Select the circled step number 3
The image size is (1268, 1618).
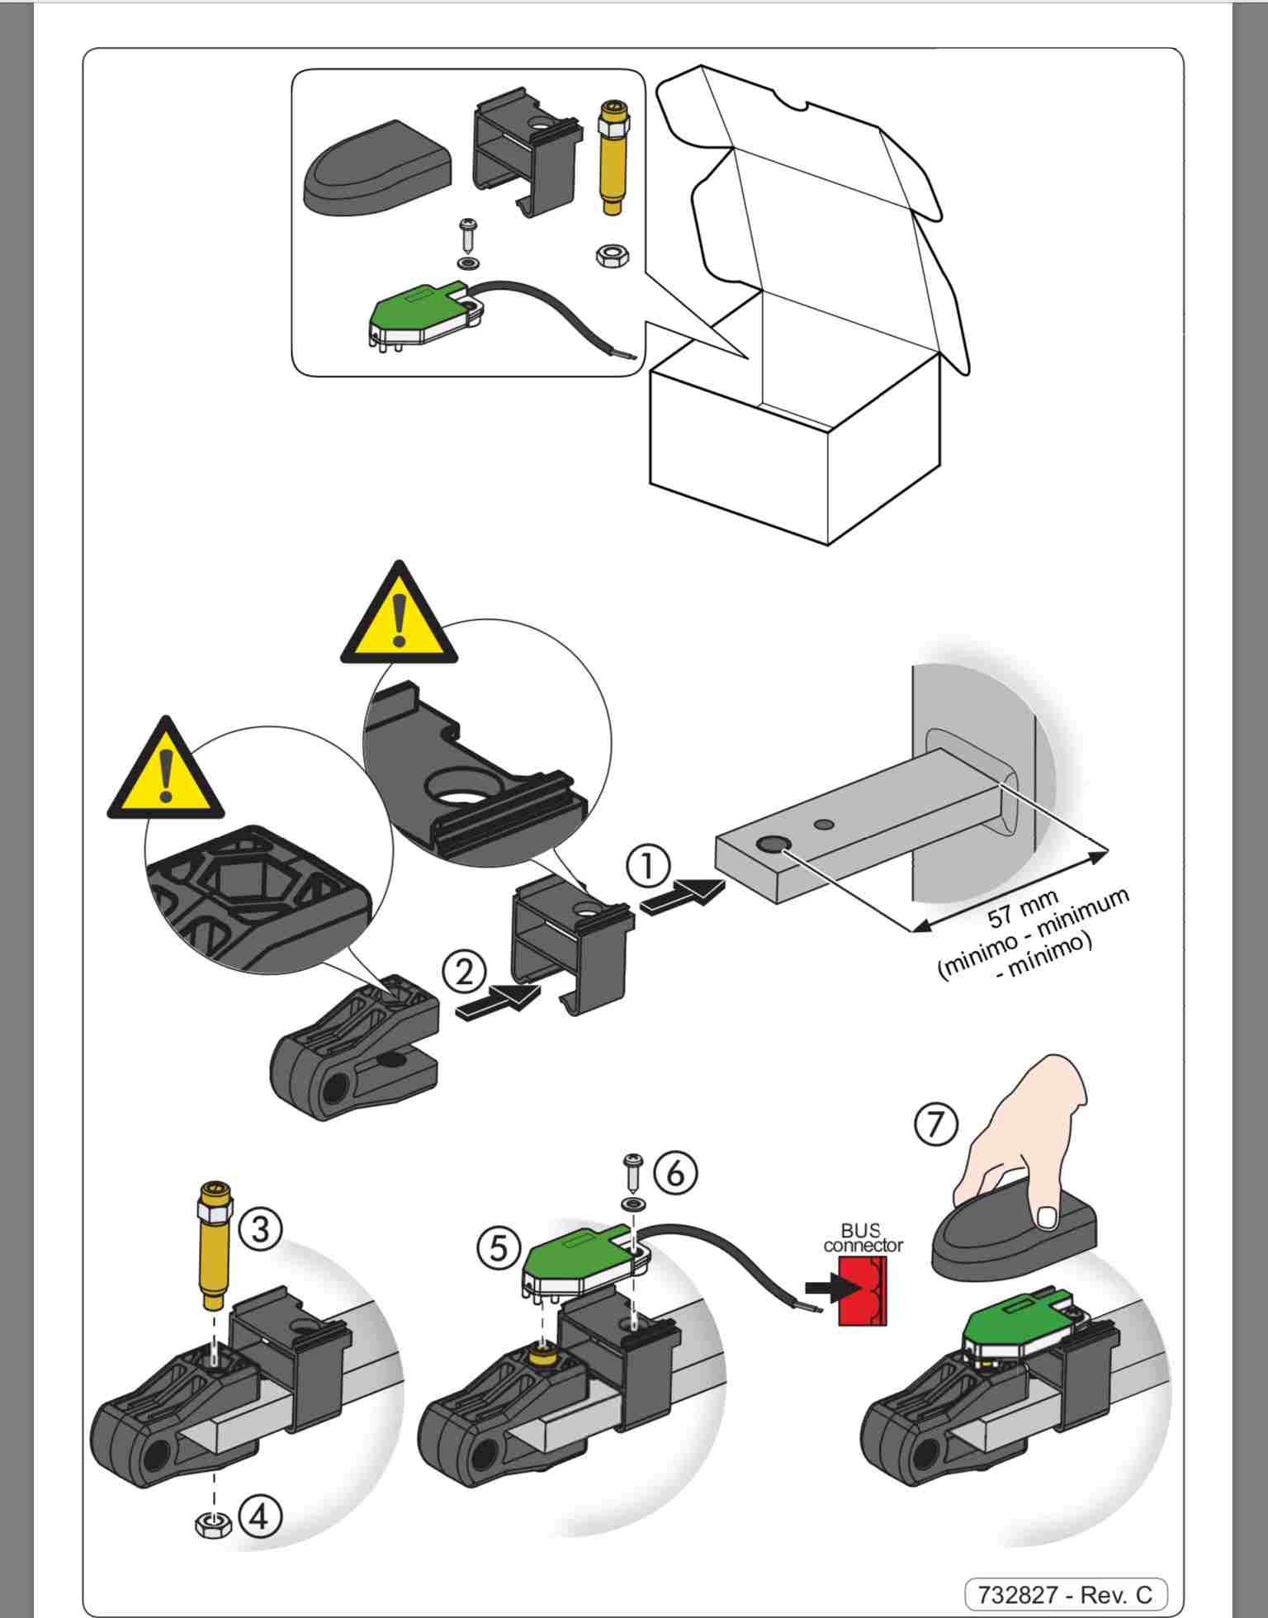click(x=260, y=1229)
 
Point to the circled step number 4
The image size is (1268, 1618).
click(x=260, y=1516)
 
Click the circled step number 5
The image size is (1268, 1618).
click(x=499, y=1247)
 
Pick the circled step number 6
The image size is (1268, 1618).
click(x=675, y=1172)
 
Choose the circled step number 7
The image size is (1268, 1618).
click(x=936, y=1124)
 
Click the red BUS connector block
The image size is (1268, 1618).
click(x=862, y=1292)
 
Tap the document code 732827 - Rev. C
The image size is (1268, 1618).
click(x=1065, y=1593)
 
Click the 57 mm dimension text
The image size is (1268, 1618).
click(x=1022, y=911)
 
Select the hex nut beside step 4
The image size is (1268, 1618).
click(x=212, y=1522)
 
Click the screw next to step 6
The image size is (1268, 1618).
click(x=634, y=1172)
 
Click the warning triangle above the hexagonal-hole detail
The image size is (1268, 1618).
click(x=166, y=771)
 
